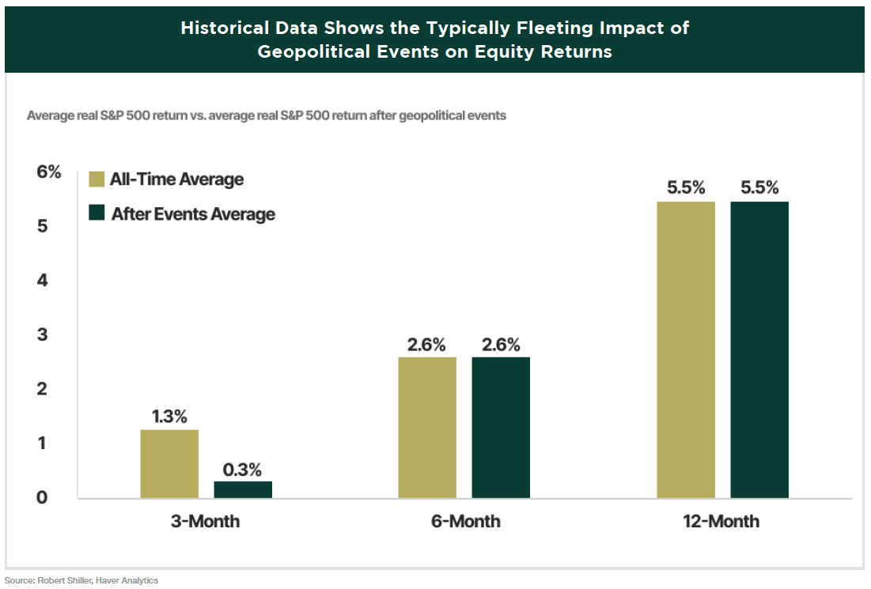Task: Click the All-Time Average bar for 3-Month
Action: (169, 464)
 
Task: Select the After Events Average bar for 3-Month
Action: (243, 490)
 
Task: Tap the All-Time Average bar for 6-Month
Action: (427, 428)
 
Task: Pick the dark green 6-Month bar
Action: (501, 428)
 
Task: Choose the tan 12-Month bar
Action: (686, 350)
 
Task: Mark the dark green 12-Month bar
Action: (759, 350)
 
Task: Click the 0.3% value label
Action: (243, 468)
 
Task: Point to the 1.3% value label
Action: (169, 417)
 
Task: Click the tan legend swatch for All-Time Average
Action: (97, 179)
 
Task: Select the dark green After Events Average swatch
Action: (97, 213)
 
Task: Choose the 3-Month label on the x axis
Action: (206, 522)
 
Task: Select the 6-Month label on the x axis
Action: (464, 522)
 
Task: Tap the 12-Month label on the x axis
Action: (722, 522)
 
